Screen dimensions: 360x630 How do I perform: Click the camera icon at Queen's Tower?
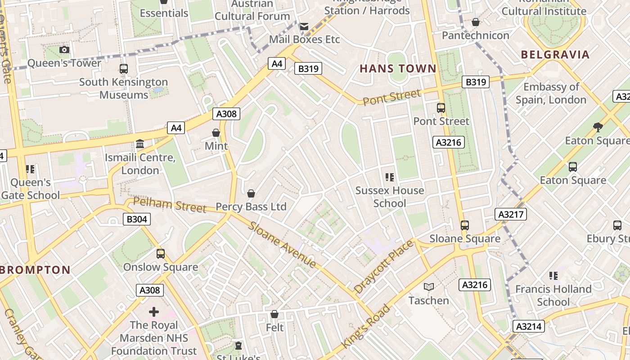pyautogui.click(x=64, y=49)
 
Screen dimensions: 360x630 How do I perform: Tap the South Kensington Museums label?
pyautogui.click(x=123, y=88)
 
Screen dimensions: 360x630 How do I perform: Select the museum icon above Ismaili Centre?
pyautogui.click(x=140, y=144)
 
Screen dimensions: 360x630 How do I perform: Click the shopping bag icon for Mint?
pyautogui.click(x=216, y=133)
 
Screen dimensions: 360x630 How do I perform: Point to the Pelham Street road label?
pyautogui.click(x=170, y=205)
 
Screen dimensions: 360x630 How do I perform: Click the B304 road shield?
pyautogui.click(x=136, y=219)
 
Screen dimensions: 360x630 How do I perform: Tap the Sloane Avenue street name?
pyautogui.click(x=283, y=244)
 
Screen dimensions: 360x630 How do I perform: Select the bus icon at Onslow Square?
pyautogui.click(x=161, y=254)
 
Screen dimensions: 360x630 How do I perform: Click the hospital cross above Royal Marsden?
pyautogui.click(x=154, y=311)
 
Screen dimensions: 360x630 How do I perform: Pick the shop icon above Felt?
pyautogui.click(x=274, y=314)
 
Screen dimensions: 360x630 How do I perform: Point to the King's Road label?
pyautogui.click(x=365, y=326)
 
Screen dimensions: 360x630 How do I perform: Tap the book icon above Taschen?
pyautogui.click(x=429, y=287)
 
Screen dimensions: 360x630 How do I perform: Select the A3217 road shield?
pyautogui.click(x=511, y=214)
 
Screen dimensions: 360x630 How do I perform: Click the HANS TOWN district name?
pyautogui.click(x=398, y=68)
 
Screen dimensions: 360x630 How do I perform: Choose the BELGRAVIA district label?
pyautogui.click(x=555, y=55)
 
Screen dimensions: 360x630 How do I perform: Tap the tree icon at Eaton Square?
pyautogui.click(x=598, y=127)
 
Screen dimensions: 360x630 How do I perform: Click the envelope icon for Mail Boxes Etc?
pyautogui.click(x=304, y=27)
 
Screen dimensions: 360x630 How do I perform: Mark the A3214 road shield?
pyautogui.click(x=528, y=326)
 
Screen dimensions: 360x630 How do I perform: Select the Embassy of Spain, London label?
pyautogui.click(x=551, y=93)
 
